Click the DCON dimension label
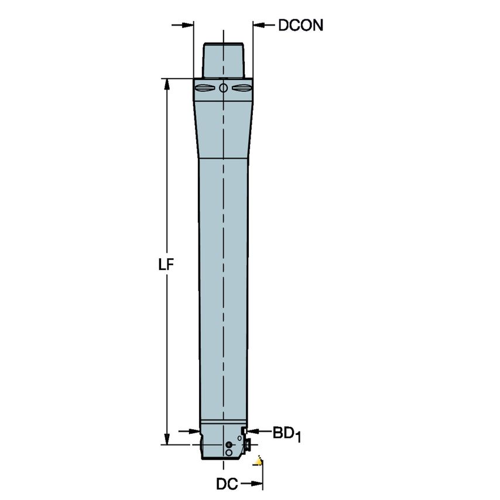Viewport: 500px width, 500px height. (300, 26)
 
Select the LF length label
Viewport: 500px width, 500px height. (167, 264)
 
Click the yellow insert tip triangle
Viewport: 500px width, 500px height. (258, 462)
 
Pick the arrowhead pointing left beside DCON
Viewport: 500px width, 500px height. (259, 25)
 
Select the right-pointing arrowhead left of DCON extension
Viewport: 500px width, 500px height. (187, 25)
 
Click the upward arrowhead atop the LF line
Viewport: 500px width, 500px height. (167, 84)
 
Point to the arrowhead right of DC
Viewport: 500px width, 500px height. (256, 484)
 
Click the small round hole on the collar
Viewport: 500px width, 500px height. (223, 88)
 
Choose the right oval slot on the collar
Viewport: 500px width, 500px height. (241, 88)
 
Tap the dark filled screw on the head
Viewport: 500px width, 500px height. (229, 445)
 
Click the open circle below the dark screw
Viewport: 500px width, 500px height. (229, 453)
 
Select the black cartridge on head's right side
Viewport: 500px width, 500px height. (247, 445)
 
